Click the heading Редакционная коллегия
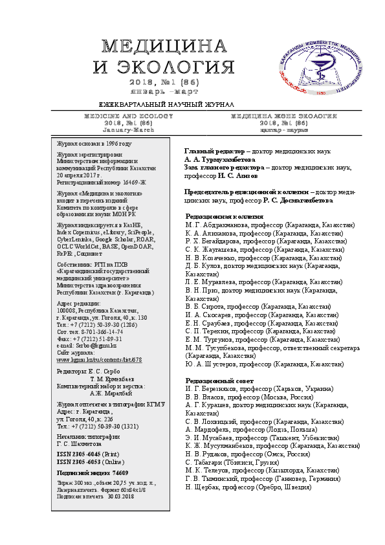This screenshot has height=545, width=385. tap(226, 216)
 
